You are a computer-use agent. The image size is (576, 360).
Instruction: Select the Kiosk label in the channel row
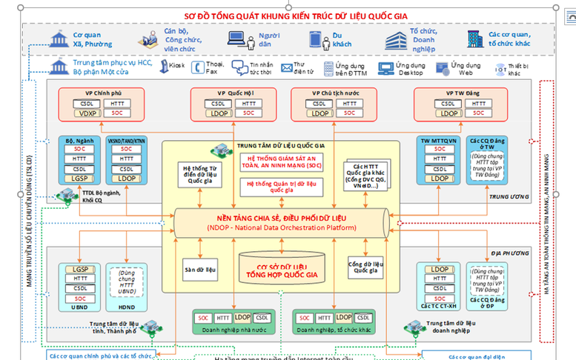pyautogui.click(x=176, y=66)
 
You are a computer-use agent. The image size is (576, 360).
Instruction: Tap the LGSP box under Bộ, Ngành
pyautogui.click(x=79, y=179)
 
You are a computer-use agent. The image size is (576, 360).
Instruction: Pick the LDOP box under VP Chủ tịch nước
pyautogui.click(x=321, y=113)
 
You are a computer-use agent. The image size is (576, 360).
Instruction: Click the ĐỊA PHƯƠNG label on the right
pyautogui.click(x=509, y=252)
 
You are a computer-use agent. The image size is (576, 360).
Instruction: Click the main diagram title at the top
pyautogui.click(x=288, y=15)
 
